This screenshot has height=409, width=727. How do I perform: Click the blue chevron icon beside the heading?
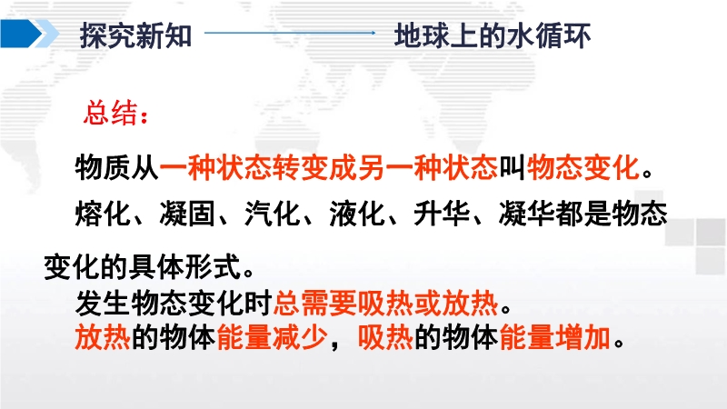tap(29, 34)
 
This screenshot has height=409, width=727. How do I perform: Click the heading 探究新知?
tap(135, 35)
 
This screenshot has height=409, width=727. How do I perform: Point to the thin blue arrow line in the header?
tap(290, 33)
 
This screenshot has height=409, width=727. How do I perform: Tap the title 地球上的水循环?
tap(493, 35)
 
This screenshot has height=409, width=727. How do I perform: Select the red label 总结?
tap(111, 113)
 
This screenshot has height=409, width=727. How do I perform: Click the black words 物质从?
tap(117, 167)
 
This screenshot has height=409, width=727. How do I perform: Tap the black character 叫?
tap(512, 167)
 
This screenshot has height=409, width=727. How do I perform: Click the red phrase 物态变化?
tap(583, 167)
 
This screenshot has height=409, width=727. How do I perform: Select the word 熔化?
tap(103, 214)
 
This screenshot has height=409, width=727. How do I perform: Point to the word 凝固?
tap(187, 214)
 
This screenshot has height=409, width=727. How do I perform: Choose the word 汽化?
tap(272, 214)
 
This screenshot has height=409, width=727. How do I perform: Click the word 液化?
tap(357, 214)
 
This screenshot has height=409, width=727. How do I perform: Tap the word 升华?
tap(442, 214)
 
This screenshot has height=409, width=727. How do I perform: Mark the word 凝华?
tap(527, 214)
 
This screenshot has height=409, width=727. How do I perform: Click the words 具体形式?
tap(185, 267)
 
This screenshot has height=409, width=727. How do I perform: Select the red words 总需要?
tap(314, 304)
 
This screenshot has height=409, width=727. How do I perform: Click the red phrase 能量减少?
tap(272, 337)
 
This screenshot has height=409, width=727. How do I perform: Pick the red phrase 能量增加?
tap(555, 337)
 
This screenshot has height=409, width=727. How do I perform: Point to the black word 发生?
tap(103, 304)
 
